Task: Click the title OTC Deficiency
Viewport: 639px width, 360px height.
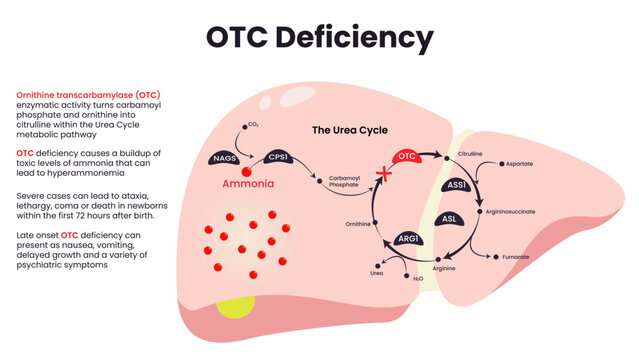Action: point(319,38)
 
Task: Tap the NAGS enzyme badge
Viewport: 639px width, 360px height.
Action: point(224,158)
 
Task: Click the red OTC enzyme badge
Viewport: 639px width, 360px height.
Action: point(406,157)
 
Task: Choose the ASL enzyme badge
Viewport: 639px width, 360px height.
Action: point(451,219)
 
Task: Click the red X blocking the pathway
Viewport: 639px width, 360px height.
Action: point(380,176)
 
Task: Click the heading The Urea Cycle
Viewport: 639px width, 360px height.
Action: point(349,130)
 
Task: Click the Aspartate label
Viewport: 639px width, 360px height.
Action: point(526,163)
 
